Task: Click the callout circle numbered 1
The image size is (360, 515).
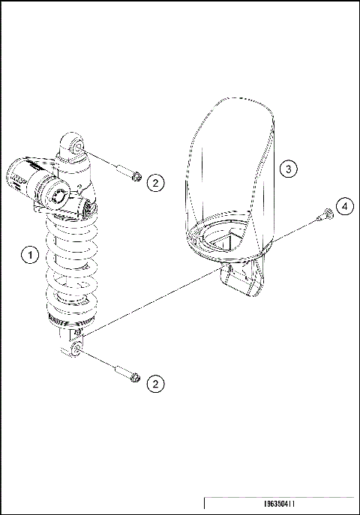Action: click(29, 256)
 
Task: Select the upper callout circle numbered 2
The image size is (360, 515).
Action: click(154, 182)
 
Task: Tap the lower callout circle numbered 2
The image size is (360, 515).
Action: click(154, 384)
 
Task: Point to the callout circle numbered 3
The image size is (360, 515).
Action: click(289, 169)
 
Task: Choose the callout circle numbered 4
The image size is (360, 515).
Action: click(343, 206)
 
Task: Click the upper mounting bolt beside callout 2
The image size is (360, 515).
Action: click(132, 175)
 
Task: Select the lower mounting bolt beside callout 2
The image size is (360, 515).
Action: click(131, 375)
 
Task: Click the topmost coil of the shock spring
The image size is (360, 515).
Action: click(71, 217)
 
